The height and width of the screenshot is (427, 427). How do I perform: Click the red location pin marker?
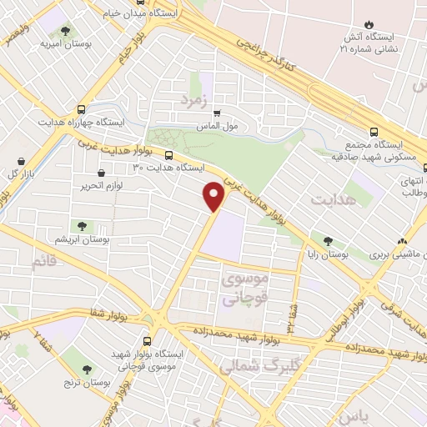[214, 195]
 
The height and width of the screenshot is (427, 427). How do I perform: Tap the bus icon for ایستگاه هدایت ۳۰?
[169, 155]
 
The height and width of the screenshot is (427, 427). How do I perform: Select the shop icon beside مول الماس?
[218, 113]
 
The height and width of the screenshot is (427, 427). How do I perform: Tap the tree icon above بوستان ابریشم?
[82, 225]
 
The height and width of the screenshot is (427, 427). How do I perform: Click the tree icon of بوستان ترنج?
[88, 368]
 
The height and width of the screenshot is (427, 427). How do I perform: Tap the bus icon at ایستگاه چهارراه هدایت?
[81, 109]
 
